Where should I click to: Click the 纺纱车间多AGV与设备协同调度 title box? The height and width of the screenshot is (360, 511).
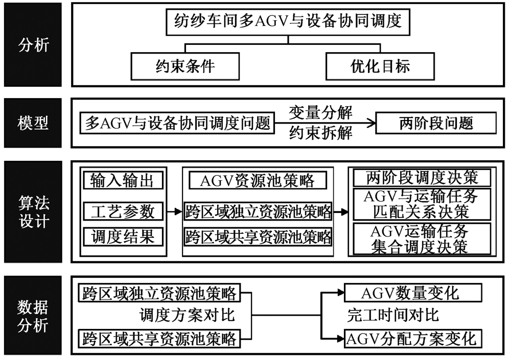click(288, 21)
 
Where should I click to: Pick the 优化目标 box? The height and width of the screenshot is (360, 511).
click(380, 66)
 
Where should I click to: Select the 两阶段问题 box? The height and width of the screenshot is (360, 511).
click(436, 124)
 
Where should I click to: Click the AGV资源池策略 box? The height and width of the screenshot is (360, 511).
click(258, 180)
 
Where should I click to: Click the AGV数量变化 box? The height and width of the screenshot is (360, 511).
click(413, 294)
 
